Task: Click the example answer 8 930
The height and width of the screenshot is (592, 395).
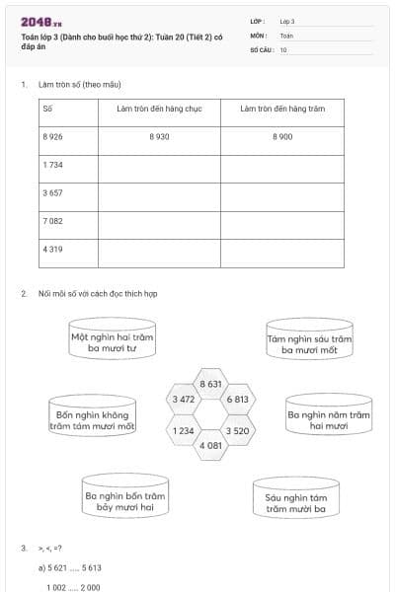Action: tap(159, 137)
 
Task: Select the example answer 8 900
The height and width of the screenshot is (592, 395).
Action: tap(282, 137)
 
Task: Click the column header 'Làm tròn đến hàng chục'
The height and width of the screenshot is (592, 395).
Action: tap(159, 109)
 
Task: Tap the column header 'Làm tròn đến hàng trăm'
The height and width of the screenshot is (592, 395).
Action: tap(282, 109)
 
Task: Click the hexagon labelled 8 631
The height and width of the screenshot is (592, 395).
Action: tap(210, 384)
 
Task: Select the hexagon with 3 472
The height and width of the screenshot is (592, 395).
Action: tap(183, 400)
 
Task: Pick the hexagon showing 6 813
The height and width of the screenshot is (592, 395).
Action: tap(237, 400)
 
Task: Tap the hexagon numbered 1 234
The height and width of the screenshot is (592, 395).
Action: tap(183, 430)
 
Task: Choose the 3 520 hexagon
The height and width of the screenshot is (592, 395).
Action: tap(237, 430)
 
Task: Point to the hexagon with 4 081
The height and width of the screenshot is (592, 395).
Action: tap(210, 446)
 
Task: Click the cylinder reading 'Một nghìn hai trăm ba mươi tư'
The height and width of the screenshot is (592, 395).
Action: tap(113, 341)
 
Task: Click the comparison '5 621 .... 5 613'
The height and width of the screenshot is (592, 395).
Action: tap(74, 567)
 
